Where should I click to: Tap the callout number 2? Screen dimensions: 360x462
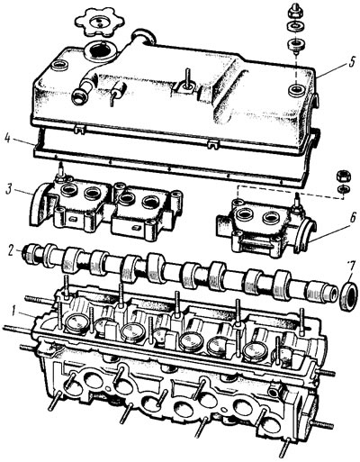click(11, 250)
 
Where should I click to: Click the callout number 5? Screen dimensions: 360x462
click(352, 63)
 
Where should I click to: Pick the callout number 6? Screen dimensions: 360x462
click(353, 217)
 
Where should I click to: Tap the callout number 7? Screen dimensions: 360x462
click(351, 266)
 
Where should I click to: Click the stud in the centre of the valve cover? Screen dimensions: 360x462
click(188, 78)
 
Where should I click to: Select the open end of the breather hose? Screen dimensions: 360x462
click(78, 97)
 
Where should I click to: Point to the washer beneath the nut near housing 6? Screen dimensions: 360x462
click(342, 189)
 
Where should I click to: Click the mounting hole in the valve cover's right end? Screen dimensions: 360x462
click(298, 89)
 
